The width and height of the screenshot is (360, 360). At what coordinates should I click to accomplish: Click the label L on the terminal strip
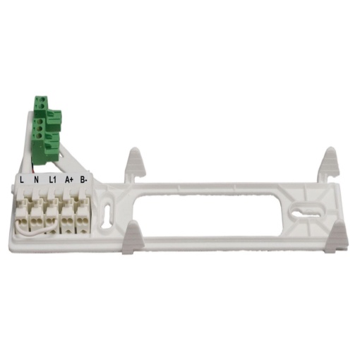click(x=22, y=180)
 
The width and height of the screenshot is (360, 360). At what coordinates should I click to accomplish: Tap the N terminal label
click(x=36, y=180)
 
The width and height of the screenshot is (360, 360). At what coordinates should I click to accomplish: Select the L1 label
click(x=52, y=180)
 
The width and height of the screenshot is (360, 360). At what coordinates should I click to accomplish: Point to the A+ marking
click(x=69, y=180)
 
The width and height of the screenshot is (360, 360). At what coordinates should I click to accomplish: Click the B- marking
click(x=83, y=180)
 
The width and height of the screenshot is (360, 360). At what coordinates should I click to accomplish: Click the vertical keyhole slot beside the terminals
click(x=107, y=215)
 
